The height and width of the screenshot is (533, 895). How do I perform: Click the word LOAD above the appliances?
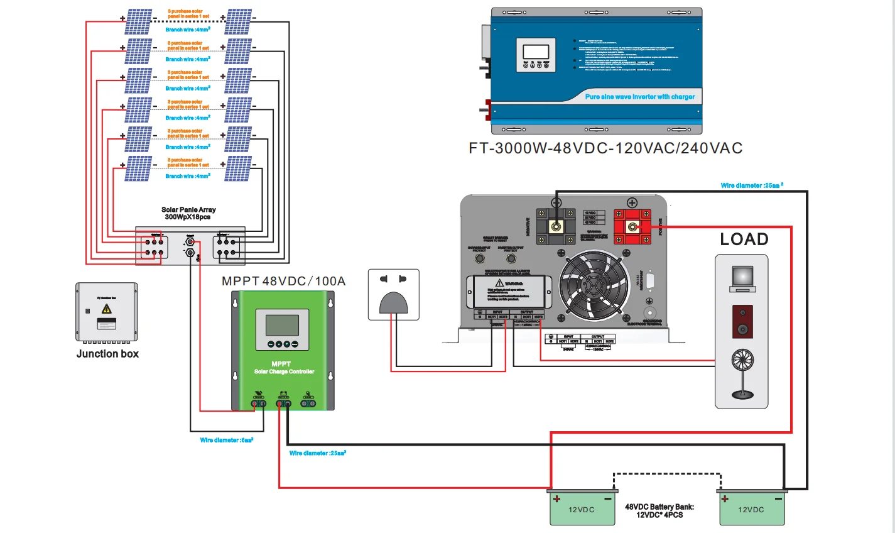pos(744,239)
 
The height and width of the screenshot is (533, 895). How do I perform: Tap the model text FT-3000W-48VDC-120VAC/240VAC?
pos(605,148)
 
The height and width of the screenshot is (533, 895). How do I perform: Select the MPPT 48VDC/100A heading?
pos(284,281)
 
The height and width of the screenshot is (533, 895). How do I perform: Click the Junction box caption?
pos(107,354)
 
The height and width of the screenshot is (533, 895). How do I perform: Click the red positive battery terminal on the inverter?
pos(632,226)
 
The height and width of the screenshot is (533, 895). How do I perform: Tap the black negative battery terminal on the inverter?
pos(556,226)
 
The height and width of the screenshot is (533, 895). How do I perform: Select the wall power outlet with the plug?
pos(393,294)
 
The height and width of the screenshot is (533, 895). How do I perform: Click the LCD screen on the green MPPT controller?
pos(282,325)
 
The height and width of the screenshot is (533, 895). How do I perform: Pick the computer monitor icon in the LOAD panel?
pos(742,278)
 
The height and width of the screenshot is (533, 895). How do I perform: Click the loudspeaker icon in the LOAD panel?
pos(742,321)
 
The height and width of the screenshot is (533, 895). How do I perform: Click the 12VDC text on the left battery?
pos(581,510)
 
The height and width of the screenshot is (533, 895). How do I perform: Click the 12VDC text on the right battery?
pos(751,510)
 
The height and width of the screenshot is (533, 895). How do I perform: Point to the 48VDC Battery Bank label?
pos(659,510)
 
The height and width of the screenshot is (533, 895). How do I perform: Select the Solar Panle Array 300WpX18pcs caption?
pos(188,213)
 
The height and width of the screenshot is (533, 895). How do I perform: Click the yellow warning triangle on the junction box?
pos(107,309)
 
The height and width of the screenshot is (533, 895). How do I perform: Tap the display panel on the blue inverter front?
pos(536,55)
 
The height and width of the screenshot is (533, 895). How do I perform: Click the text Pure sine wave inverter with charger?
pos(640,97)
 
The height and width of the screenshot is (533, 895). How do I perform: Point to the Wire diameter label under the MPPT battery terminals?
pos(318,453)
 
